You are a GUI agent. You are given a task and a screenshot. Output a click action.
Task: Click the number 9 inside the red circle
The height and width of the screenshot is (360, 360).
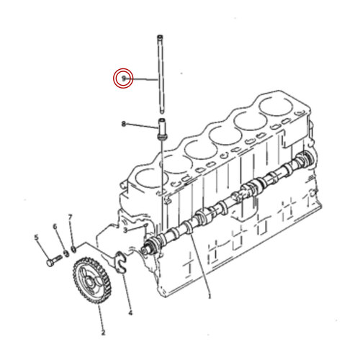click(x=124, y=77)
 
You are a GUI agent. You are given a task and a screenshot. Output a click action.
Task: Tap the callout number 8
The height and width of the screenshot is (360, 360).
click(x=124, y=125)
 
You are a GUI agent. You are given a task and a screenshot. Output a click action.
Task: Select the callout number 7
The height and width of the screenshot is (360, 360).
click(x=70, y=217)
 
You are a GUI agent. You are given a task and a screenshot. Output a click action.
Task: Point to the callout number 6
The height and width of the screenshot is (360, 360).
click(x=53, y=227)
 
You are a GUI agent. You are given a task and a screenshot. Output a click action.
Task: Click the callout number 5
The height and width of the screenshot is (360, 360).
click(x=36, y=235)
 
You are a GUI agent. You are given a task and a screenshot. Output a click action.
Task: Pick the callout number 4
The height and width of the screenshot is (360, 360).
click(x=130, y=313)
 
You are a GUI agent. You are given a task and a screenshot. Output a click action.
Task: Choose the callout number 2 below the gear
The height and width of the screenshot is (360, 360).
click(x=102, y=333)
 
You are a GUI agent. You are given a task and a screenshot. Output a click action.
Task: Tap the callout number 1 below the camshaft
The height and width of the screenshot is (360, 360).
click(x=210, y=296)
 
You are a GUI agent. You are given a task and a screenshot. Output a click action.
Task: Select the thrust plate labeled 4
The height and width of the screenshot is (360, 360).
click(x=120, y=258)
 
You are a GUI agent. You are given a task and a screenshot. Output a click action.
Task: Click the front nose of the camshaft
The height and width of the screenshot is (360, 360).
click(x=151, y=249)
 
